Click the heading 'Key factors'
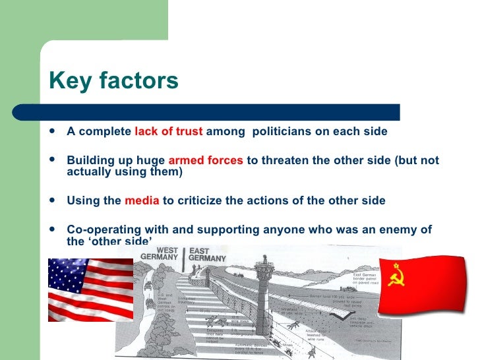113,80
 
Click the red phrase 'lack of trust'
169,131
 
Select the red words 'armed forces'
206,161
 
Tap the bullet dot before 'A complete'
53,131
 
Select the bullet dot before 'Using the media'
53,200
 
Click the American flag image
90,289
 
